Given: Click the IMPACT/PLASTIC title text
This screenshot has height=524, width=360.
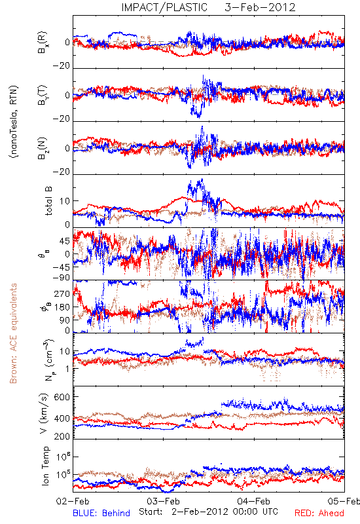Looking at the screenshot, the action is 164,7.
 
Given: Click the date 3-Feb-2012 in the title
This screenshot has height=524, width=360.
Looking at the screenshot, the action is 260,7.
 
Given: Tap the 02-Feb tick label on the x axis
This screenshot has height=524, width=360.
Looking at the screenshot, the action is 73,501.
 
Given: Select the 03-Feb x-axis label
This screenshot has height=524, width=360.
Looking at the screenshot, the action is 163,501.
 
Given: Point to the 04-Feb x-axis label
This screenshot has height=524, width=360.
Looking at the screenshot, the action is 254,501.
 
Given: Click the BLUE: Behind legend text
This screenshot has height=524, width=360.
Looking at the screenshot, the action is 101,513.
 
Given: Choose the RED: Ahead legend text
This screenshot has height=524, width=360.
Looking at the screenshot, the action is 319,513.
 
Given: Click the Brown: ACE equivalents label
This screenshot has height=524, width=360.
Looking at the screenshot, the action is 13,333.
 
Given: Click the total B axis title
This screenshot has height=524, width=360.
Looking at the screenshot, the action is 48,201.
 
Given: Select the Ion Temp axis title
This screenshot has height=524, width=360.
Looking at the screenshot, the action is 45,466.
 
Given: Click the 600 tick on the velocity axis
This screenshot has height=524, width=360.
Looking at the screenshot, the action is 62,397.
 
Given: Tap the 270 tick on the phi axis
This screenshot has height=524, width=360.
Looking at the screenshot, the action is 62,293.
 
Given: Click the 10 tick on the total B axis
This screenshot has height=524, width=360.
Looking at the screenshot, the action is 64,201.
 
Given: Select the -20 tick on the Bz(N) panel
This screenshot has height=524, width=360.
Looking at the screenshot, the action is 61,172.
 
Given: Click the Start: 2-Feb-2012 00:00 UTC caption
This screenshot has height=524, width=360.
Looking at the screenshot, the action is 208,512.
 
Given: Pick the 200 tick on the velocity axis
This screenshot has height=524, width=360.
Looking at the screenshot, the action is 62,436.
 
